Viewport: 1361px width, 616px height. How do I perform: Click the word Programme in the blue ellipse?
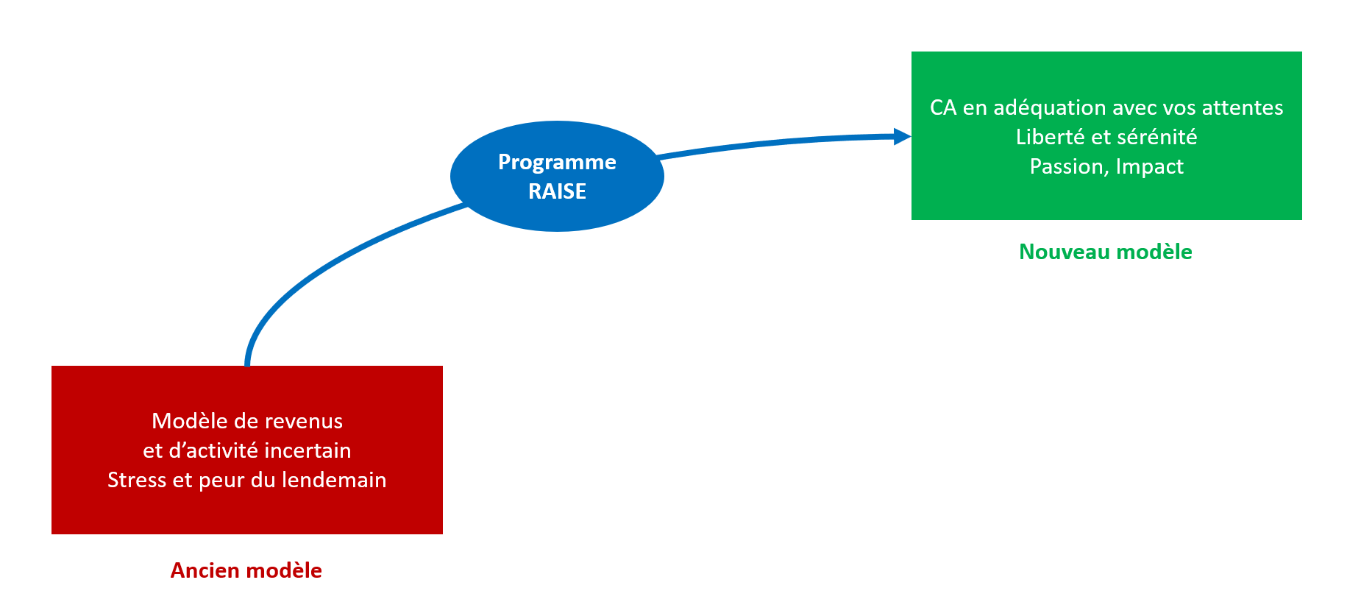click(557, 162)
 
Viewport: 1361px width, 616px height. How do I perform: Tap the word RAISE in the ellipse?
click(557, 191)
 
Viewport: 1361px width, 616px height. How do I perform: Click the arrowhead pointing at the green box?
click(902, 136)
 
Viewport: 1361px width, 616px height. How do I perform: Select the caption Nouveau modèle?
click(1105, 252)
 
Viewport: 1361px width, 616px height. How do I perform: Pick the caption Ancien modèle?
click(246, 570)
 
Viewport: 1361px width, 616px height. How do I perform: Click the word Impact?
click(1149, 166)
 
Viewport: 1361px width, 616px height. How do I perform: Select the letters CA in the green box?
click(943, 107)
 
